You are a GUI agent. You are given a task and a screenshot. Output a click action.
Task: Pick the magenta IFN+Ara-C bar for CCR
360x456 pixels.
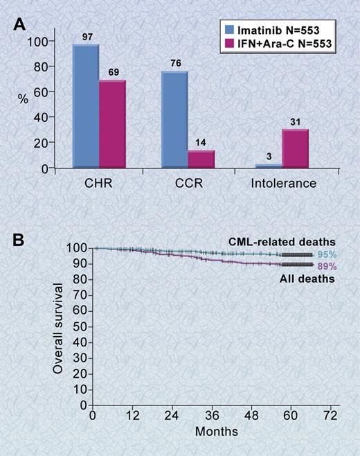click(201, 159)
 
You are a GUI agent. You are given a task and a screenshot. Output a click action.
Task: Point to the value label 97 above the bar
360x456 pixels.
click(87, 37)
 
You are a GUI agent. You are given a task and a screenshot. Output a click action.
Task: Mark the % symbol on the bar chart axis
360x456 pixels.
click(23, 99)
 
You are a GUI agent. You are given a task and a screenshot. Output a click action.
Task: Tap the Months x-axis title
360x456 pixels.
click(216, 430)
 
